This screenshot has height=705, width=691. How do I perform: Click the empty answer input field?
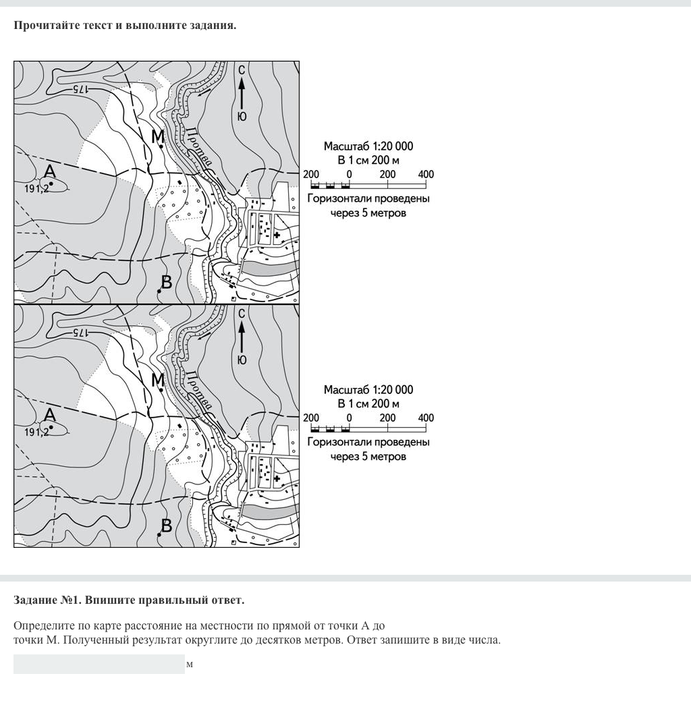click(x=99, y=664)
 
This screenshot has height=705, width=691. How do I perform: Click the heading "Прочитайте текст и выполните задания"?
click(x=125, y=26)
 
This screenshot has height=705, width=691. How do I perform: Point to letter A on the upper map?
click(x=49, y=172)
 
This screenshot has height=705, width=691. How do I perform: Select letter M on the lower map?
click(x=158, y=380)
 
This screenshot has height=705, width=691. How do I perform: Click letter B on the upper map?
click(x=167, y=282)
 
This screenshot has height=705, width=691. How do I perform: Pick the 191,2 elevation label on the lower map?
click(x=36, y=432)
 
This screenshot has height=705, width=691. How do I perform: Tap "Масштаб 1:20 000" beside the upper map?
click(x=368, y=146)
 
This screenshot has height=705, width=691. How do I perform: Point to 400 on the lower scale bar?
click(x=426, y=418)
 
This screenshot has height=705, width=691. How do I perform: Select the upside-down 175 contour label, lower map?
click(x=80, y=333)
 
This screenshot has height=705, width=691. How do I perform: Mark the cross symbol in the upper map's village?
click(x=277, y=235)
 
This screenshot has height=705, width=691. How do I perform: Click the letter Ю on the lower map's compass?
click(x=242, y=360)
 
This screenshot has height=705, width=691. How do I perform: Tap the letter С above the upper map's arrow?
click(x=242, y=69)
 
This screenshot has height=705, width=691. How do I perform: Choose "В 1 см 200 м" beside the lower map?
click(x=368, y=403)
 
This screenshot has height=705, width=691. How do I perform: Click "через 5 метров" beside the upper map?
click(x=368, y=213)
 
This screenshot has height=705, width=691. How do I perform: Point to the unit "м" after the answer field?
click(x=190, y=665)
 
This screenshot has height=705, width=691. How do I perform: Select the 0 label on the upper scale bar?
click(x=349, y=174)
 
